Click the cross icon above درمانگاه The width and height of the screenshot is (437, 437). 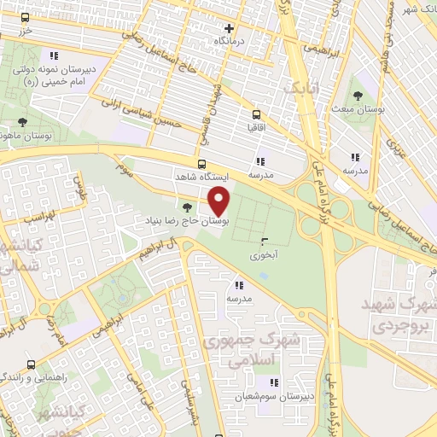pos(228,27)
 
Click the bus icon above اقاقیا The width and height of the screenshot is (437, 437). pos(254,113)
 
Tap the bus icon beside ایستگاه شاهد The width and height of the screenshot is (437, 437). pos(201,164)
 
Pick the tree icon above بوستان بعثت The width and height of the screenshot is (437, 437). pos(357,96)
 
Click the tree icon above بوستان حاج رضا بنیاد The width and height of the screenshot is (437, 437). pos(188,207)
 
